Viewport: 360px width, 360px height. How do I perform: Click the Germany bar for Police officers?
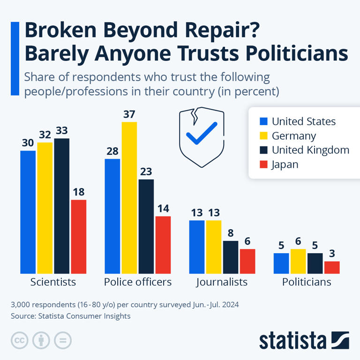(x=129, y=197)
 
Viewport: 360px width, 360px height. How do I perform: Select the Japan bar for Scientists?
(x=78, y=236)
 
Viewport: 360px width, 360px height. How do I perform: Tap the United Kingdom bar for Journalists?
(x=230, y=257)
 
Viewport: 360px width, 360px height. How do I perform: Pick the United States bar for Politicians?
(x=281, y=263)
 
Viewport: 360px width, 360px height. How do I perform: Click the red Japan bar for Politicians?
(x=331, y=267)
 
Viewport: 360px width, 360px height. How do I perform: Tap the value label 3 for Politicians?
(x=331, y=254)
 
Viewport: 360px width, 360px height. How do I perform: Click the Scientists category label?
(x=53, y=282)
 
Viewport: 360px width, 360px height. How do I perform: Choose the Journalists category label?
(x=222, y=282)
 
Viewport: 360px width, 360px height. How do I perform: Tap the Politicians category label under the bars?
(x=307, y=282)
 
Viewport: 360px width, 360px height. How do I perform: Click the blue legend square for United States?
(x=263, y=122)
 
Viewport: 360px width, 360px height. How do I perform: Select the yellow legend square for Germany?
(x=263, y=136)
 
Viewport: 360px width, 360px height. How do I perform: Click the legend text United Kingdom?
(x=310, y=150)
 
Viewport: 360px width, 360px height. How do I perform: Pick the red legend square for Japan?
(x=263, y=165)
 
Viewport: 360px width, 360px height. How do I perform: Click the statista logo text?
(x=292, y=340)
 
